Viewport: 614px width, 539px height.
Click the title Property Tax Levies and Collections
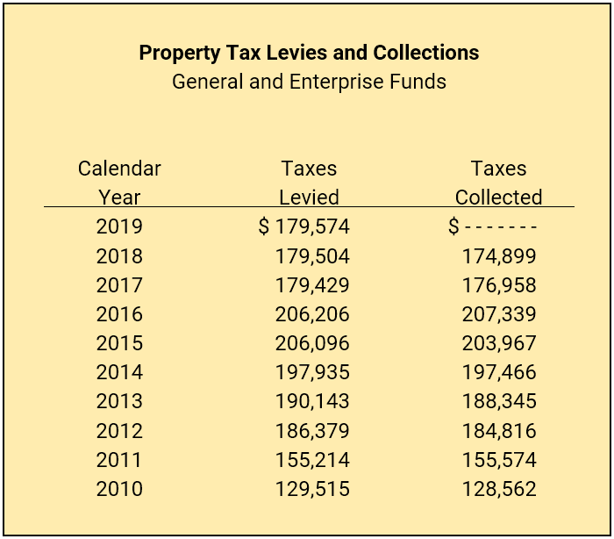(309, 53)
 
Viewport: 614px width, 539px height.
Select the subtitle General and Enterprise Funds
(309, 82)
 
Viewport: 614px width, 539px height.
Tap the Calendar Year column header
(119, 183)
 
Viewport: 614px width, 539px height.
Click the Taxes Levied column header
(309, 183)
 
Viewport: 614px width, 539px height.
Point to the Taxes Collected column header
(498, 183)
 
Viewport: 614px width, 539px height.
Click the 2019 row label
(119, 226)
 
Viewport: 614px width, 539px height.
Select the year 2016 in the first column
(119, 314)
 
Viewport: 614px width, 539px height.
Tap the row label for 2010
(119, 489)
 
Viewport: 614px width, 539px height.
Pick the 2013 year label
(119, 401)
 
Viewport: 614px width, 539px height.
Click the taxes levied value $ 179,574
(304, 226)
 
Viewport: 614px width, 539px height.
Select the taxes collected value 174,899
(499, 256)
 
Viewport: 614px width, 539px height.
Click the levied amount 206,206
(312, 314)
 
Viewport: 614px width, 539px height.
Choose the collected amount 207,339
(499, 314)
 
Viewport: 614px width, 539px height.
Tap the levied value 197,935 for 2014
(312, 372)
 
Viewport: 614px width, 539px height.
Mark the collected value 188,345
(499, 401)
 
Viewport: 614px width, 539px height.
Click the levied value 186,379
(312, 431)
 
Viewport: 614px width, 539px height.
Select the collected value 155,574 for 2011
(499, 460)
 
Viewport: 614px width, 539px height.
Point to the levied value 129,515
(312, 489)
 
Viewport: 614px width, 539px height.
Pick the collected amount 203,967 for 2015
(499, 343)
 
